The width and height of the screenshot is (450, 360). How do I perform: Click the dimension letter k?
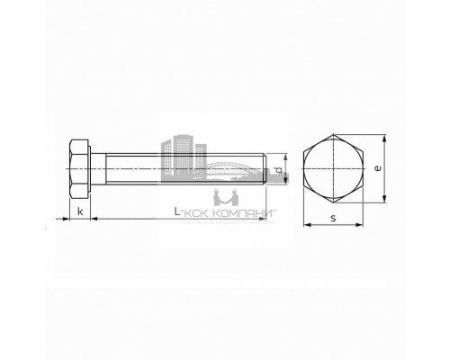tap(80, 212)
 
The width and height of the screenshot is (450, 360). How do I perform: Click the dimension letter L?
tap(176, 212)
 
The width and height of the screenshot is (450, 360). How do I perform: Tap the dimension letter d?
tap(279, 168)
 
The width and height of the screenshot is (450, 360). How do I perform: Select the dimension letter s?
tap(332, 218)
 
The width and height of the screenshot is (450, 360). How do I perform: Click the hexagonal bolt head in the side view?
tap(79, 169)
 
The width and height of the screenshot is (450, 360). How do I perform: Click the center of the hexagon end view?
tap(332, 169)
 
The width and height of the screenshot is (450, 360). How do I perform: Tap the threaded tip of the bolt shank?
tap(265, 169)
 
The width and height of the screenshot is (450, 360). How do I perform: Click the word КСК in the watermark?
tap(203, 213)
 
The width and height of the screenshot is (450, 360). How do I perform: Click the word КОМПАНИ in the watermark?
tap(245, 213)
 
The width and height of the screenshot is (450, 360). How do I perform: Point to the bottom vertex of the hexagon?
tap(332, 202)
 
